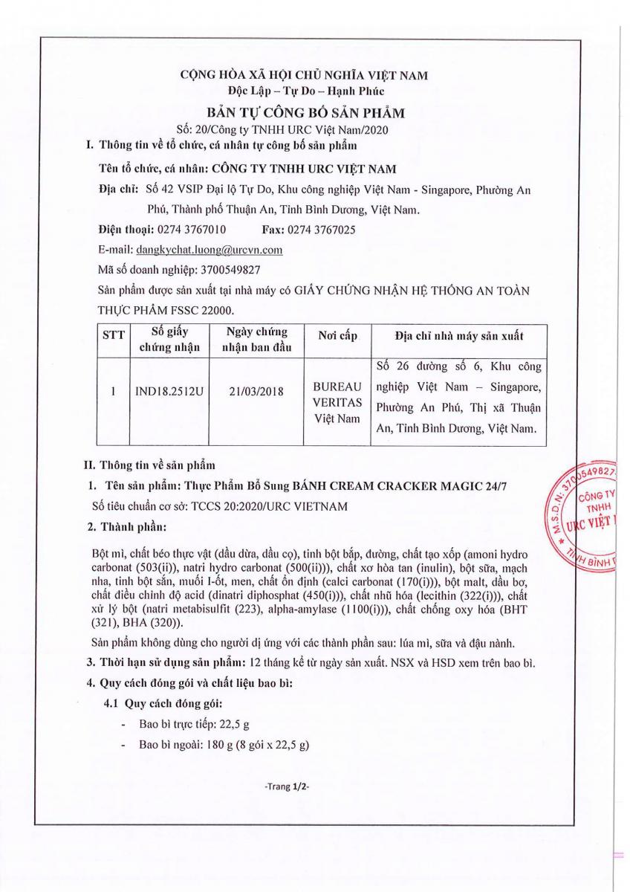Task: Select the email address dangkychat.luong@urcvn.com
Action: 210,250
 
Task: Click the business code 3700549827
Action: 222,270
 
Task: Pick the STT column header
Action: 114,336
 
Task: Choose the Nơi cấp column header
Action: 337,336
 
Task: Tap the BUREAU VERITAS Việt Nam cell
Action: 337,401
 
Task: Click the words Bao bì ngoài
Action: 165,745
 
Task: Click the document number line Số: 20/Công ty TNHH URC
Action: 305,129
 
